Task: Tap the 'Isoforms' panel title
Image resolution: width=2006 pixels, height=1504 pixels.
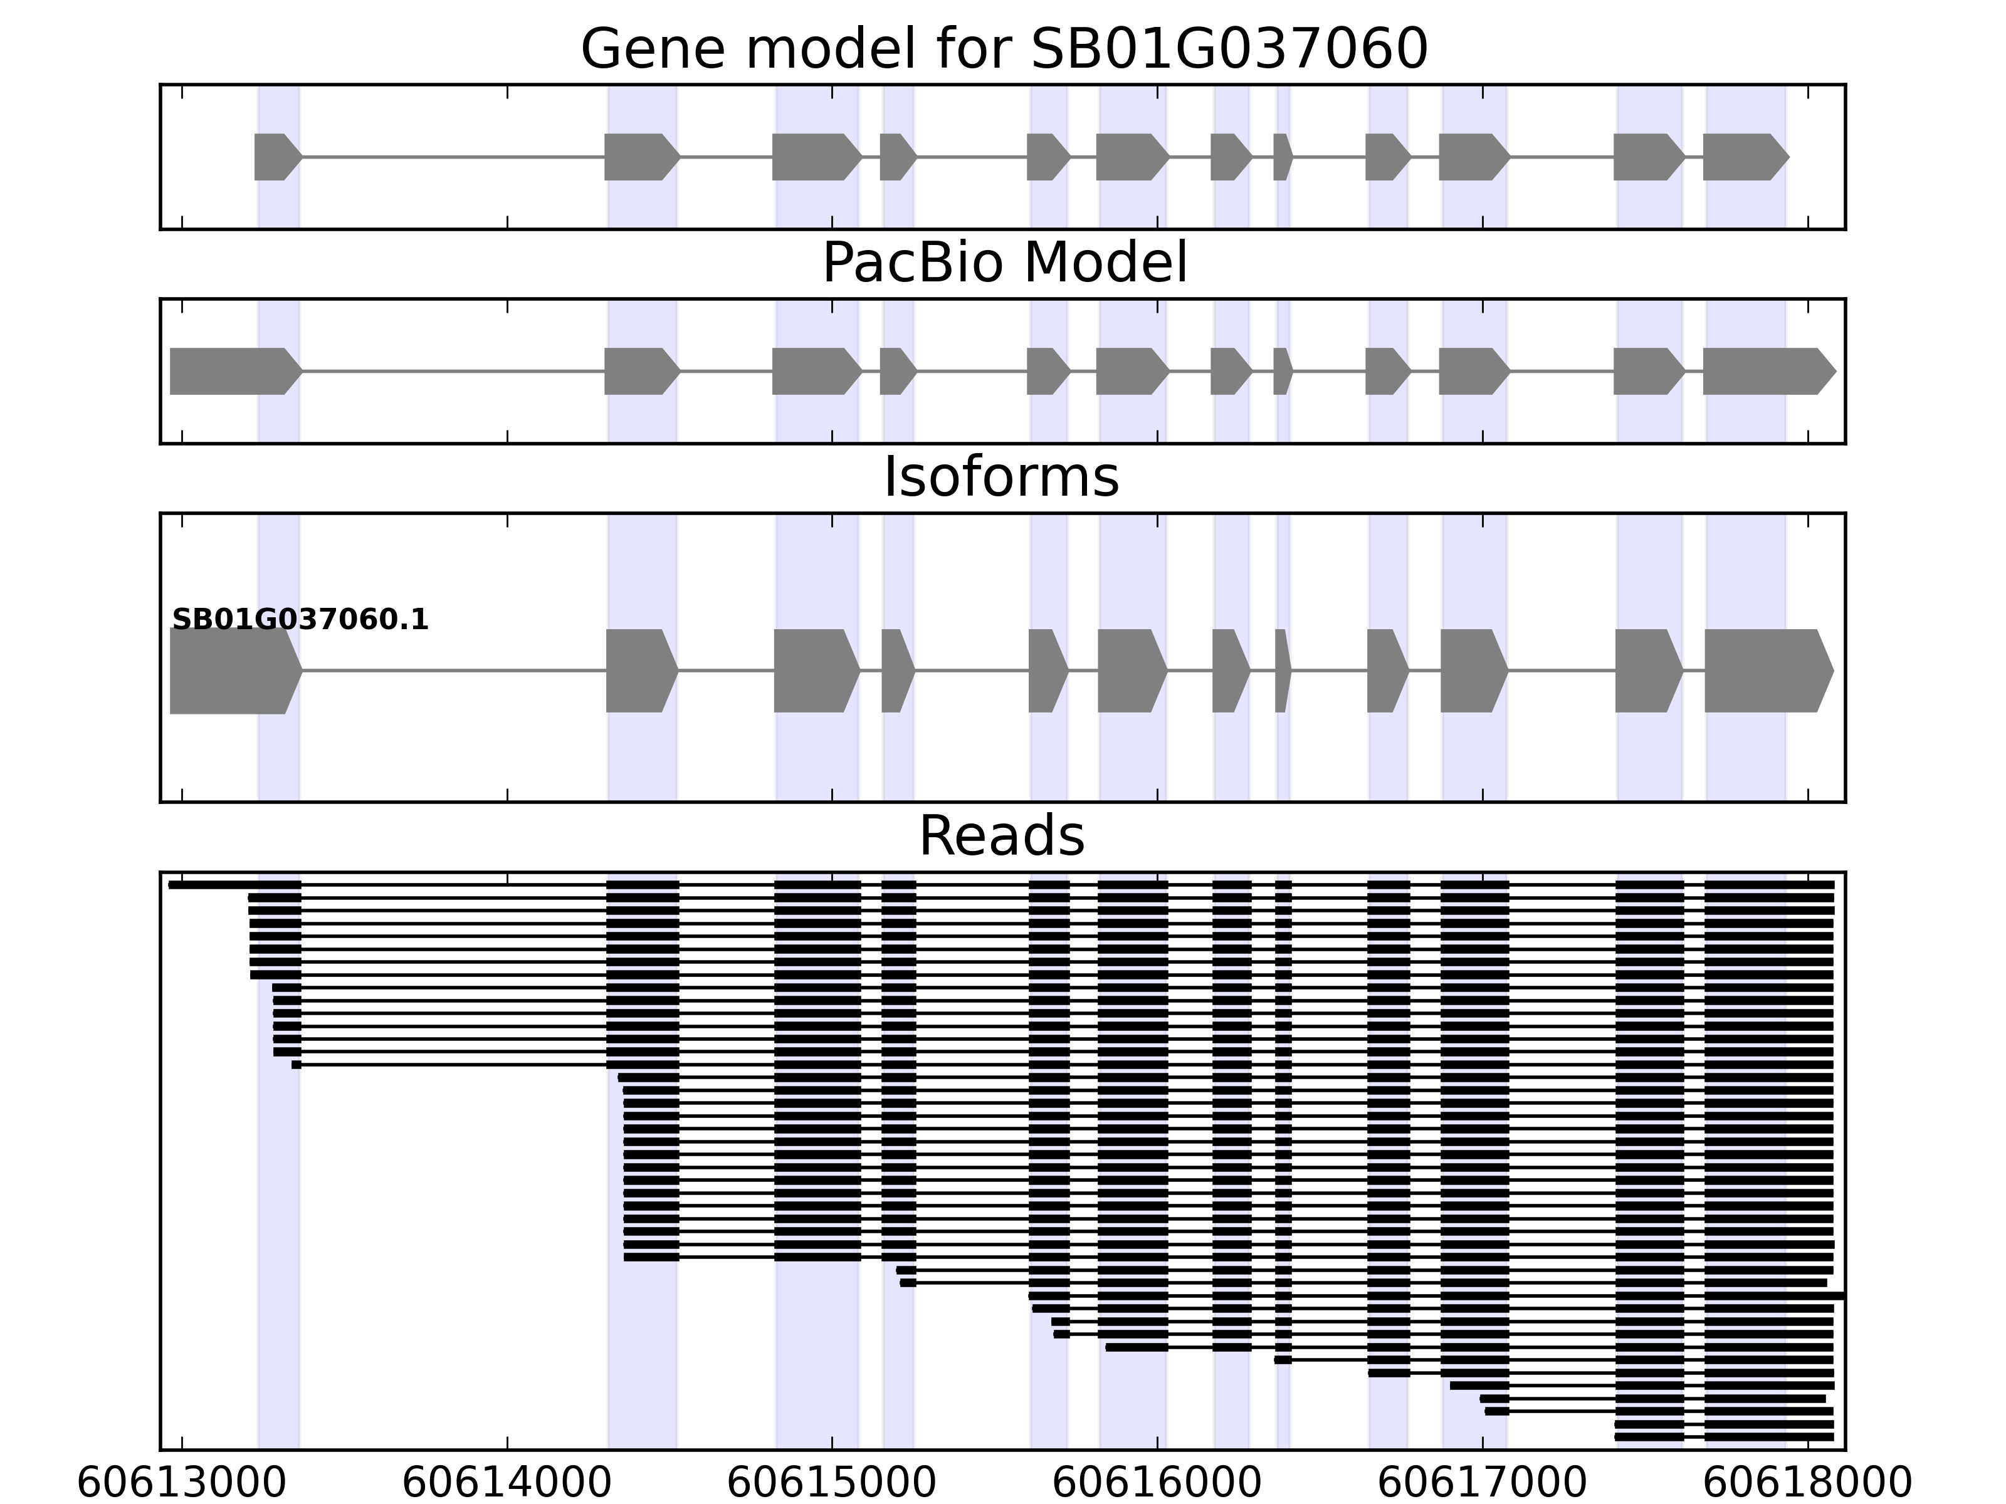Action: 1001,477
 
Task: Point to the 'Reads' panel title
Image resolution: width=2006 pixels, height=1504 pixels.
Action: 1001,836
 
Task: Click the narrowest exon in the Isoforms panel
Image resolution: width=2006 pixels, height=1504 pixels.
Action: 1281,671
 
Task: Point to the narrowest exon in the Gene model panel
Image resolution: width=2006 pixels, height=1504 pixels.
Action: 1281,157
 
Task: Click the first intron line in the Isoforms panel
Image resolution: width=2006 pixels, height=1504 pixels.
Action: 453,671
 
